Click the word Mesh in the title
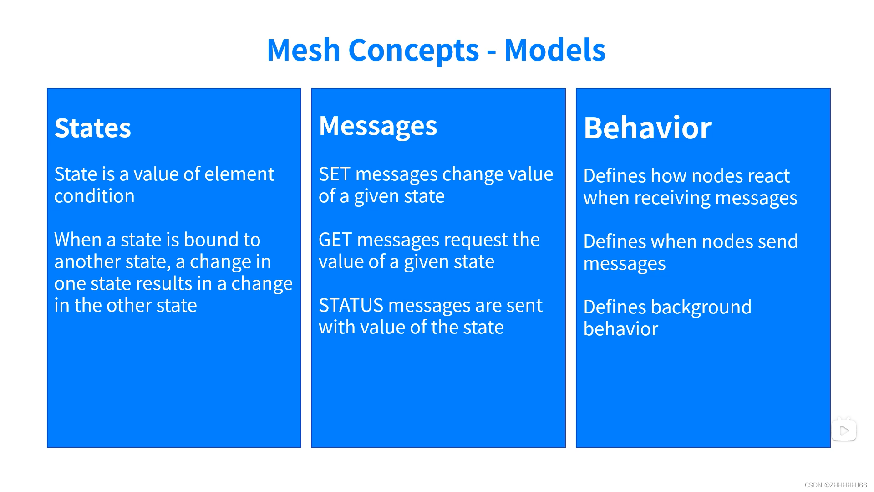(x=303, y=50)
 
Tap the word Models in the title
(x=554, y=50)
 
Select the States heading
(x=93, y=128)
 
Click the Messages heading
(x=378, y=126)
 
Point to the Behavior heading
(x=647, y=128)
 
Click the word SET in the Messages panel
(x=334, y=174)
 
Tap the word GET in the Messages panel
(x=335, y=240)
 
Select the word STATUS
(x=351, y=306)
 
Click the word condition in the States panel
(x=94, y=196)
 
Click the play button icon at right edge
(x=844, y=430)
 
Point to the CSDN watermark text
(x=835, y=485)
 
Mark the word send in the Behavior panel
(x=778, y=242)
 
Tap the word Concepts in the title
(x=413, y=50)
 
